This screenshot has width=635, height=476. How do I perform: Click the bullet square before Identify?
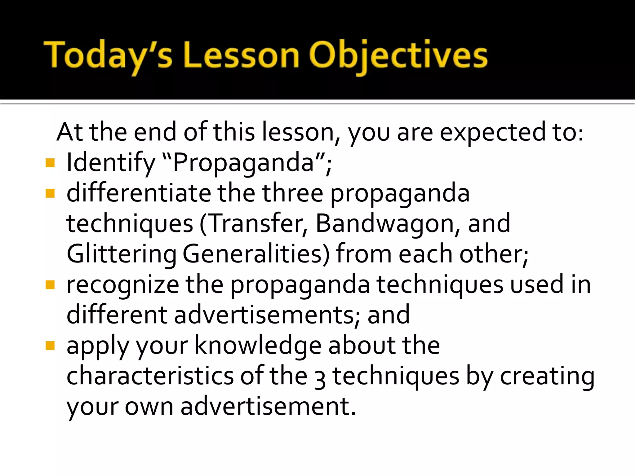[x=50, y=163]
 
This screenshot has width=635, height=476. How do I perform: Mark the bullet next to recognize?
[x=50, y=284]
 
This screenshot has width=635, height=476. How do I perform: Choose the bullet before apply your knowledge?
[x=50, y=345]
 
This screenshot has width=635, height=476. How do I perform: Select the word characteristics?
[x=150, y=376]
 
